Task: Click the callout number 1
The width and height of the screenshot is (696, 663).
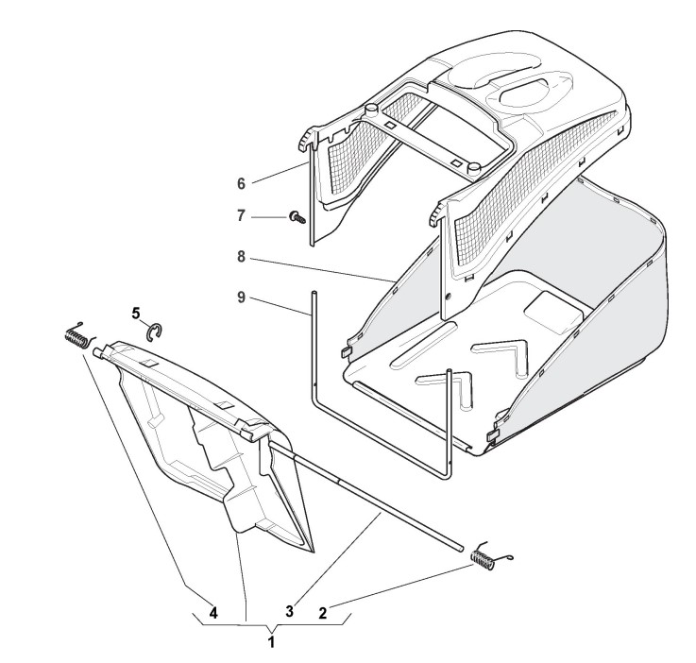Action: coord(271,641)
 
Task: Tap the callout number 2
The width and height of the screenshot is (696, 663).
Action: coord(323,613)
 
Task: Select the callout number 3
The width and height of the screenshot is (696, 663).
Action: coord(289,611)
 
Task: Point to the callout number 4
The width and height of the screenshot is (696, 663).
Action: coord(213,613)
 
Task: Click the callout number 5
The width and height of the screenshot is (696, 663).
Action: coord(136,313)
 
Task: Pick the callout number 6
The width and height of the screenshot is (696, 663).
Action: coord(241,184)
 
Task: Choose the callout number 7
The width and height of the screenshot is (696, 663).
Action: coord(241,216)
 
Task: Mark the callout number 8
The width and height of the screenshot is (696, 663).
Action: coord(241,257)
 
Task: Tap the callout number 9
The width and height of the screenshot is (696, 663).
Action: coord(241,297)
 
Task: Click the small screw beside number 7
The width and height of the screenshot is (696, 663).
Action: coord(297,217)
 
